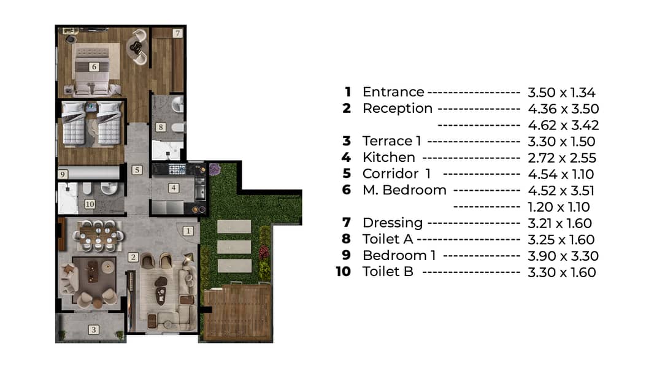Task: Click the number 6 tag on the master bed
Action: click(x=94, y=67)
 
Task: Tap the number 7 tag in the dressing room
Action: click(x=178, y=33)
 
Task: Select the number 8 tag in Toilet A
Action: click(x=161, y=127)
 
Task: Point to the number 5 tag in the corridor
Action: click(x=137, y=170)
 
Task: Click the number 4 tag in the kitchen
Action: click(x=174, y=188)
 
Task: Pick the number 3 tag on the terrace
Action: click(x=94, y=329)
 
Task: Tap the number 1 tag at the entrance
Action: click(x=188, y=231)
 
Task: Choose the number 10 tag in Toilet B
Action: click(x=90, y=204)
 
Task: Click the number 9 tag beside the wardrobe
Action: click(x=63, y=174)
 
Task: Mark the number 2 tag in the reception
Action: click(x=133, y=257)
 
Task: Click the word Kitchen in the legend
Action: click(x=389, y=158)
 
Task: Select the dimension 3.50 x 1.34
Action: click(x=561, y=93)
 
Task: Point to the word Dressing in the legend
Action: click(x=393, y=223)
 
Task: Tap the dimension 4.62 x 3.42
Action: click(x=563, y=125)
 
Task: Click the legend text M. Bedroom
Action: click(x=404, y=190)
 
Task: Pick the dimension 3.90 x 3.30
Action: click(x=563, y=256)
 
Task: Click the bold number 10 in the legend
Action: click(x=344, y=272)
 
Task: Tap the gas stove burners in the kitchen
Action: click(x=177, y=169)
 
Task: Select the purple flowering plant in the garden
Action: click(x=215, y=170)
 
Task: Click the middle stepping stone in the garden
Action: click(x=234, y=247)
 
